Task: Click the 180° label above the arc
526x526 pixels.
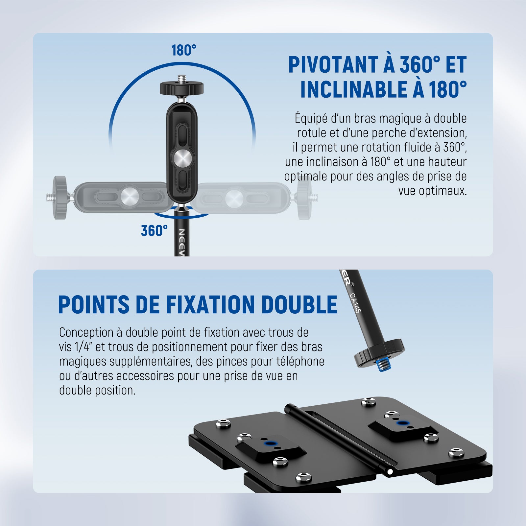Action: pyautogui.click(x=184, y=50)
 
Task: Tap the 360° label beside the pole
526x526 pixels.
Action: pyautogui.click(x=154, y=230)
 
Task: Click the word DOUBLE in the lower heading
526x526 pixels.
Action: pyautogui.click(x=299, y=304)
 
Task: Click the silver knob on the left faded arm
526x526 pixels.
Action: pyautogui.click(x=130, y=197)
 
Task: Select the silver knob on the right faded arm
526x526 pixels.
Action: pyautogui.click(x=234, y=198)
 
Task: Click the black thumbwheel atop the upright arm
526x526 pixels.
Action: pyautogui.click(x=182, y=88)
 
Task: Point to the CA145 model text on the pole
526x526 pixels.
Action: pyautogui.click(x=354, y=303)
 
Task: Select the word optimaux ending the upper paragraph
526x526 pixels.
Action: pyautogui.click(x=433, y=191)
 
